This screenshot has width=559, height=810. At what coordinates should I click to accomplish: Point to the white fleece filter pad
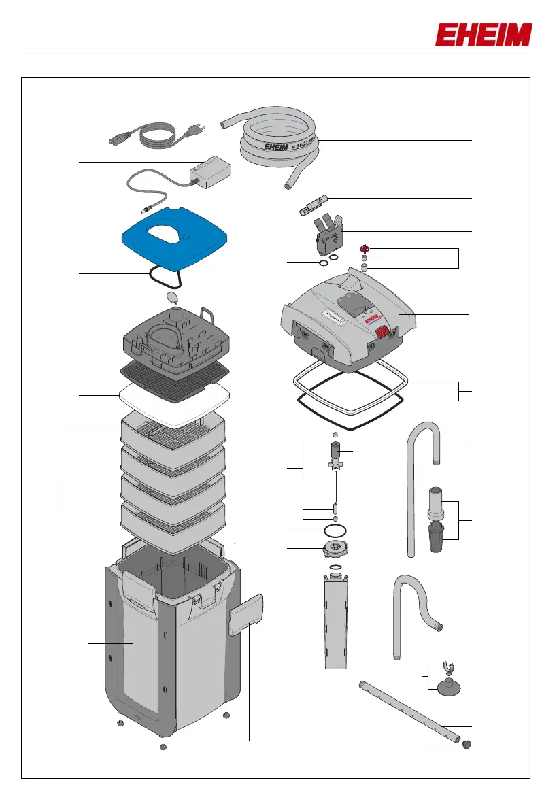coord(173,404)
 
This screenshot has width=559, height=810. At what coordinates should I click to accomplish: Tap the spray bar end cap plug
coord(467,745)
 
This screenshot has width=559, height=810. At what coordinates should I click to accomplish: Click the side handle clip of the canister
coord(246,613)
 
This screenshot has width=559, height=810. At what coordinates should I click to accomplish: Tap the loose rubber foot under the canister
coord(163,747)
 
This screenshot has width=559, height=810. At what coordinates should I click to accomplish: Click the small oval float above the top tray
coord(173,297)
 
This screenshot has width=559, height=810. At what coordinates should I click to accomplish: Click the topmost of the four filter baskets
coord(173,435)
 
